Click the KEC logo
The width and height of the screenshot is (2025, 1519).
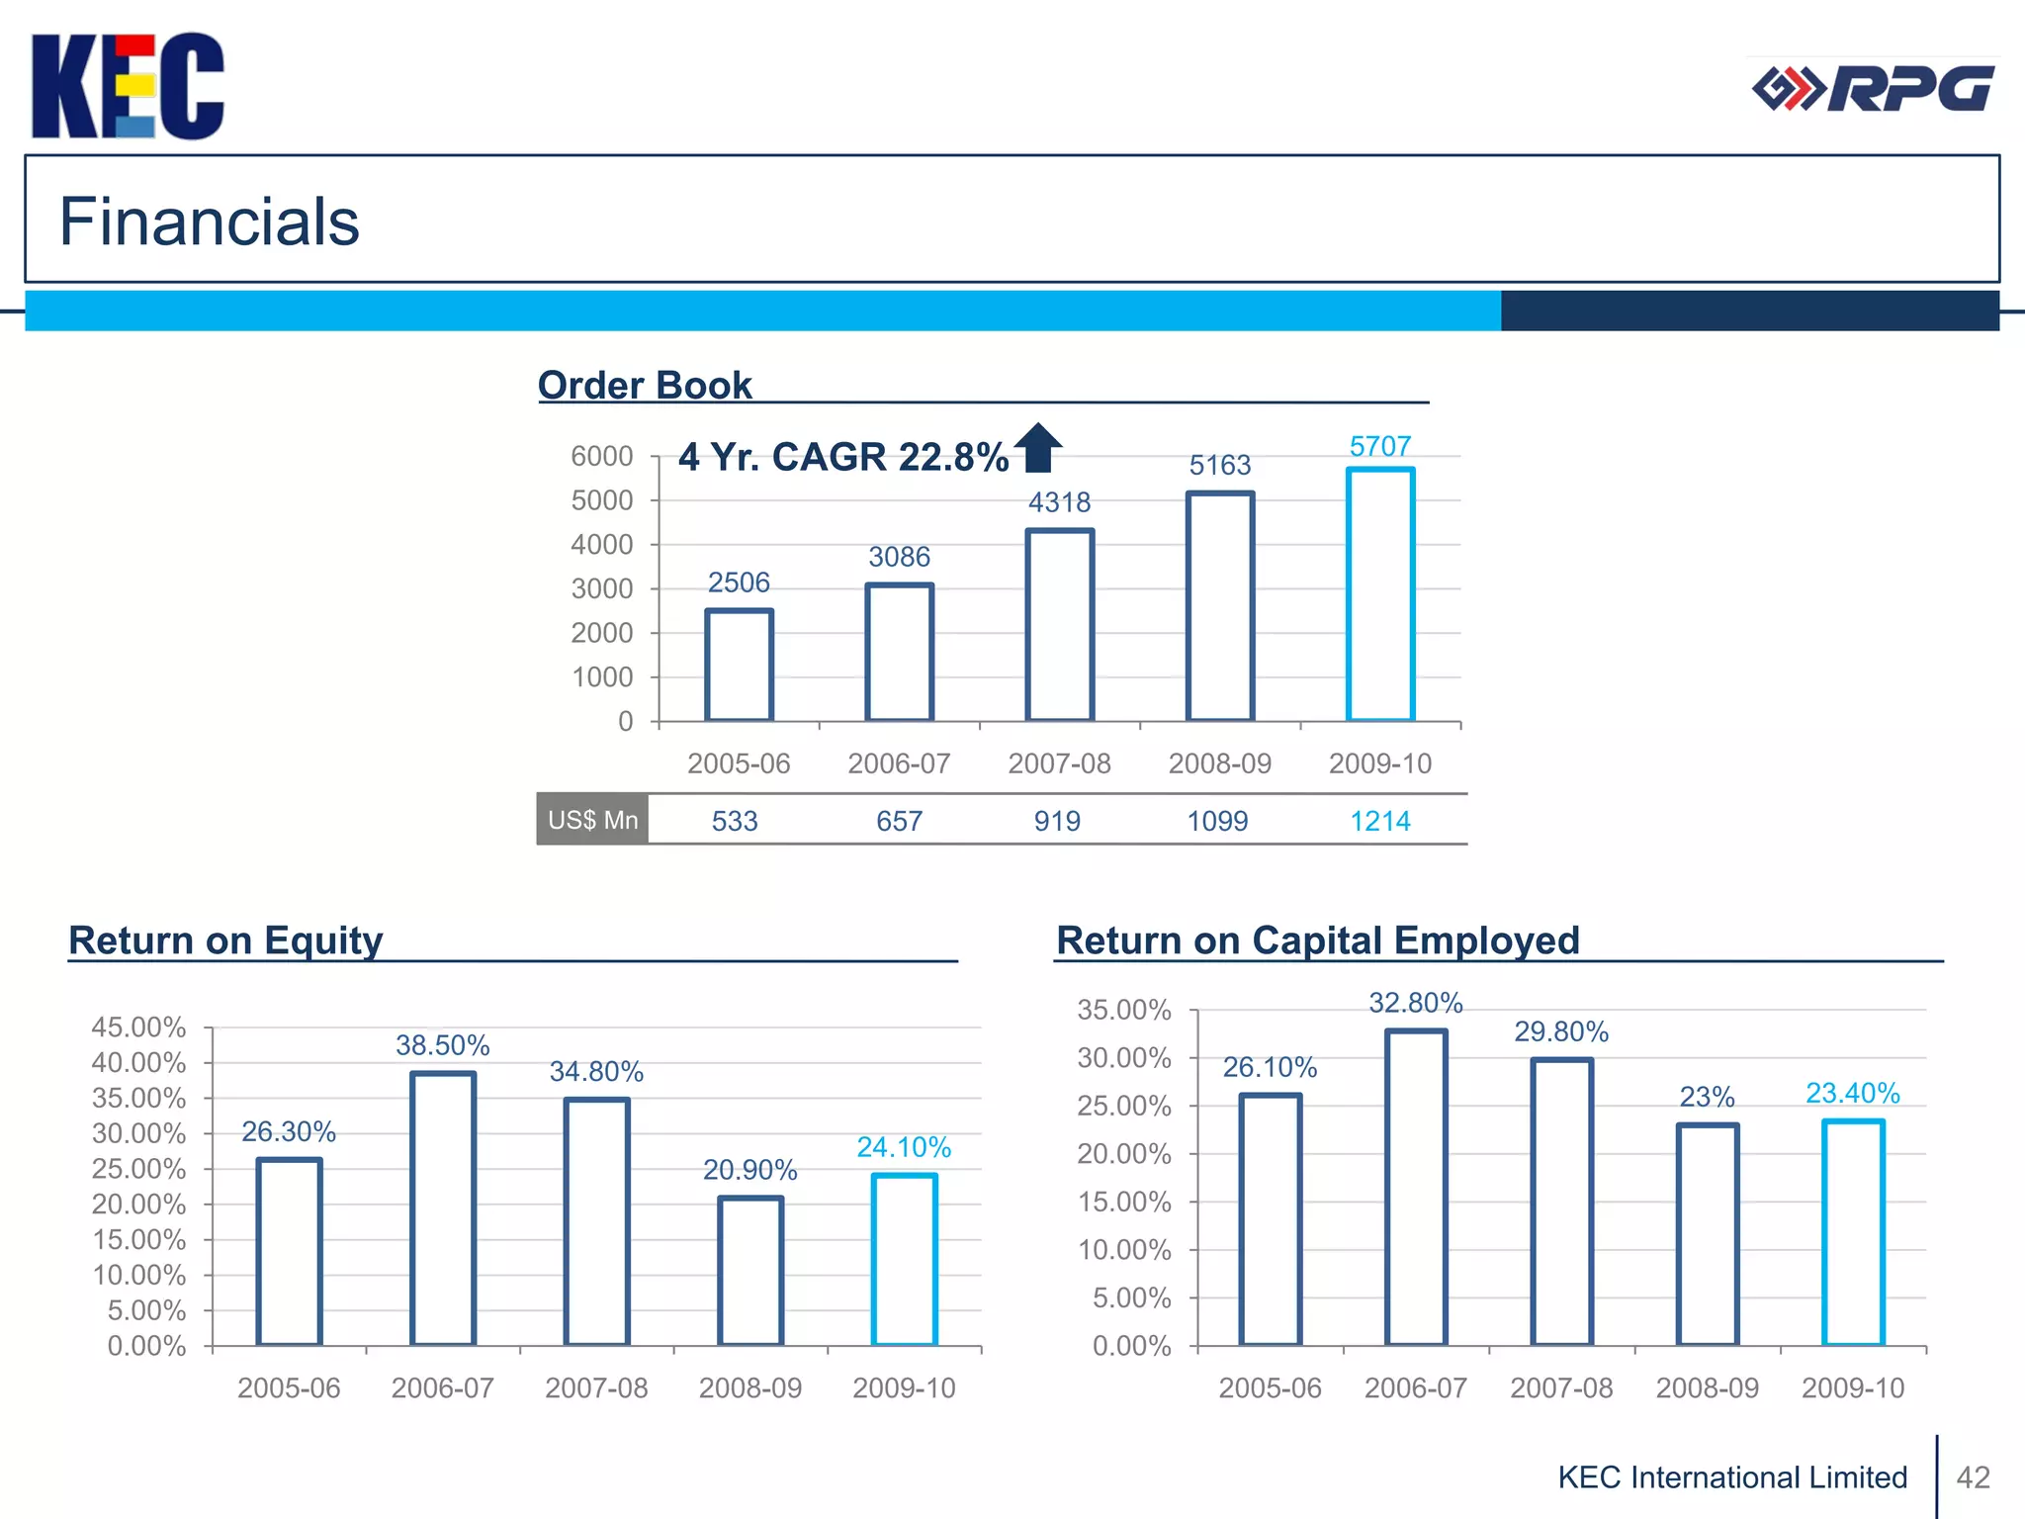128,87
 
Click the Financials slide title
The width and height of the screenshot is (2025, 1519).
209,221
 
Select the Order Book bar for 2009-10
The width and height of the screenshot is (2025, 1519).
1380,593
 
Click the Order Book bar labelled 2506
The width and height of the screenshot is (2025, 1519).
739,665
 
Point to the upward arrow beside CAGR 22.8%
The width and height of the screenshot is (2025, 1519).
1038,448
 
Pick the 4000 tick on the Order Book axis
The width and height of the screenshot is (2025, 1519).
601,545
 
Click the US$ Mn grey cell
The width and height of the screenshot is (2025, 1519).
592,820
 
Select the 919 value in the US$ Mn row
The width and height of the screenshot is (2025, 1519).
1057,821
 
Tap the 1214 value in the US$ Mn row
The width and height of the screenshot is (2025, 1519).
1380,821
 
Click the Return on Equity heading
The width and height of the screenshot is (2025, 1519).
225,940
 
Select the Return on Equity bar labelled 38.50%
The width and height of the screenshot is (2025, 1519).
443,1208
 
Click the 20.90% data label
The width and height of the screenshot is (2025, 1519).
749,1170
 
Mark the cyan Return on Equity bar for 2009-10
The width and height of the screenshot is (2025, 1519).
904,1259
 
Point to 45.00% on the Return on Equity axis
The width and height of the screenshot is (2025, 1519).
138,1028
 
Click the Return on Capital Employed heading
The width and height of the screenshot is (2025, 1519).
1317,940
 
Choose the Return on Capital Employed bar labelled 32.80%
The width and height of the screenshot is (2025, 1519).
1416,1187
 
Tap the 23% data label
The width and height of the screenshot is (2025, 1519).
1707,1097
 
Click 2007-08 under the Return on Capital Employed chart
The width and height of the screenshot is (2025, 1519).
1561,1388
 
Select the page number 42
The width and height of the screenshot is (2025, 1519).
1973,1477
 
